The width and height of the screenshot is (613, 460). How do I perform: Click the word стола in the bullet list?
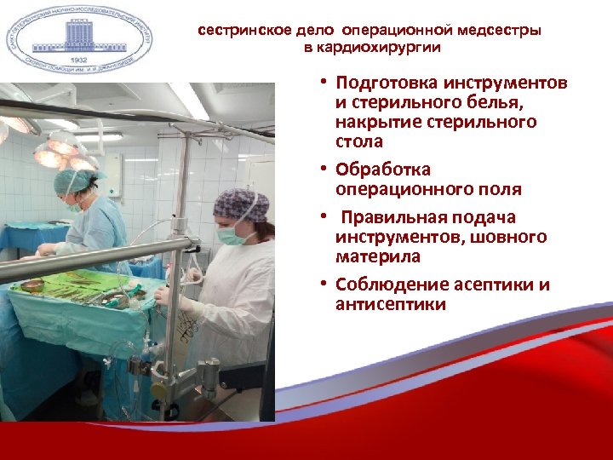359,141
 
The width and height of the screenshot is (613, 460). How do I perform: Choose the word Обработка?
383,170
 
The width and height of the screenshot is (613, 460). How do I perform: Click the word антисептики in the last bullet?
390,304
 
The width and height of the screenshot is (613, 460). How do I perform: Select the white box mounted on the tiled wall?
111,175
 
